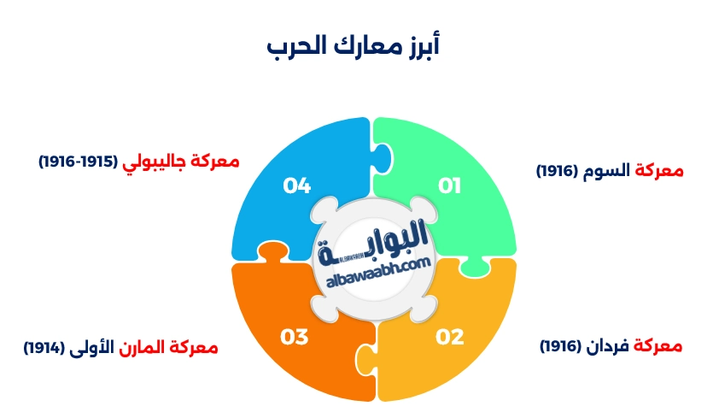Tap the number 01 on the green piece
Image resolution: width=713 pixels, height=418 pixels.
449,185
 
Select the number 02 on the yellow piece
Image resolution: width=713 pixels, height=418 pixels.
449,337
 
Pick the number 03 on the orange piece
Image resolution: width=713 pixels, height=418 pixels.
295,337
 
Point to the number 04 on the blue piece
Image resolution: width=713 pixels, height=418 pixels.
296,185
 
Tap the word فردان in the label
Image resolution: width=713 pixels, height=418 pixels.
615,346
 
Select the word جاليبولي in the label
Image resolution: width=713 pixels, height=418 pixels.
146,161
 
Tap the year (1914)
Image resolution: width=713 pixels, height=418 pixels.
44,348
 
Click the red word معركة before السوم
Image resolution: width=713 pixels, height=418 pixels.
659,170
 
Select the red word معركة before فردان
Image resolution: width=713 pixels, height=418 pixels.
659,346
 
